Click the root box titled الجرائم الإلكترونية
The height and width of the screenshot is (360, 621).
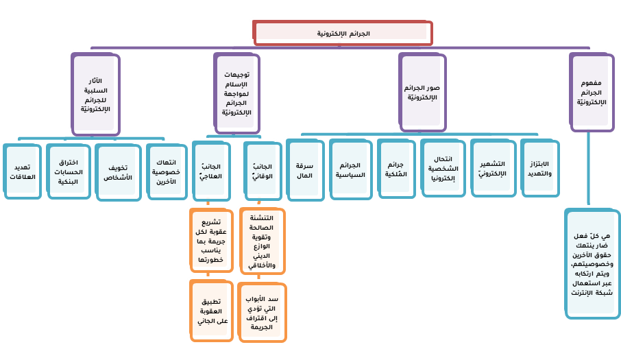point(343,33)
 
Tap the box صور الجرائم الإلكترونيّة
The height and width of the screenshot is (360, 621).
point(422,93)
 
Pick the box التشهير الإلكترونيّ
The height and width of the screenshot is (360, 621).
point(491,169)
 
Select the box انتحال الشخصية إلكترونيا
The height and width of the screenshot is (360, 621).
point(442,168)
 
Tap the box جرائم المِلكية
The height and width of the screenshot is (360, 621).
point(395,169)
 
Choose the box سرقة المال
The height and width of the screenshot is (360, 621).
point(304,169)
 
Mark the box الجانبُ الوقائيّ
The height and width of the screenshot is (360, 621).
point(260,171)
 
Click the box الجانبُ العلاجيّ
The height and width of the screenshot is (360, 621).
point(210,171)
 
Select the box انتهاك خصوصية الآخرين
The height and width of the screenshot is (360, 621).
point(163,170)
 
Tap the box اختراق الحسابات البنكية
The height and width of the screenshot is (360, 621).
point(67,171)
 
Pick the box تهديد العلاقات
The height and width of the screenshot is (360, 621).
point(23,171)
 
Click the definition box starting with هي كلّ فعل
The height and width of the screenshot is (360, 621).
point(591,264)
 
